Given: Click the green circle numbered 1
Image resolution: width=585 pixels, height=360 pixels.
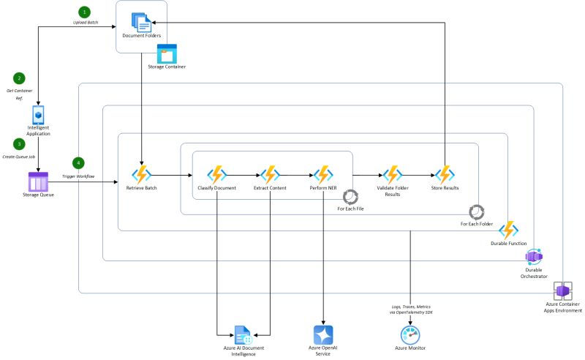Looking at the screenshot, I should [86, 12].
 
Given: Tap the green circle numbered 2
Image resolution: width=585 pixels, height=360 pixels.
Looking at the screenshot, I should [19, 78].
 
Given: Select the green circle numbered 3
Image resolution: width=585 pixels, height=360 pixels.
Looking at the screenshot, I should [19, 145].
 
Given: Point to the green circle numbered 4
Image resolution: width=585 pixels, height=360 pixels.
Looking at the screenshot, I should [79, 163].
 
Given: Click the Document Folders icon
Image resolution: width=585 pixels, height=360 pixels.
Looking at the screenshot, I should [141, 20].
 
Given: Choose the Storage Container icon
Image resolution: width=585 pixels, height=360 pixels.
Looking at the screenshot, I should [167, 53].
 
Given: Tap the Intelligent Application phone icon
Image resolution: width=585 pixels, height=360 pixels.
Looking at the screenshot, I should [38, 116].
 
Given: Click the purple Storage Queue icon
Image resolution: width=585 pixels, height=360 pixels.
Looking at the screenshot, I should [38, 181].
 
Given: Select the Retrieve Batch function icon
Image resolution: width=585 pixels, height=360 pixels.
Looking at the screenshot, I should [140, 176].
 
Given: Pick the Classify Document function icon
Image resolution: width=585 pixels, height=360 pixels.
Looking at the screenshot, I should [216, 176].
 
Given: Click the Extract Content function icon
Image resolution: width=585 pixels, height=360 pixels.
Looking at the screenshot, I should [271, 176].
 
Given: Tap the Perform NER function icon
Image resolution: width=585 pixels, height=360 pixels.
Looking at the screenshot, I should [323, 176].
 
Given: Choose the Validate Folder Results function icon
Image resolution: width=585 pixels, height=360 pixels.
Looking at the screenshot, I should [393, 175].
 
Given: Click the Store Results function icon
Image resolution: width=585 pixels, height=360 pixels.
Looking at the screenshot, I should [445, 176].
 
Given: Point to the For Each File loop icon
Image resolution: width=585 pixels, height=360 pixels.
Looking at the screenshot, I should [350, 197].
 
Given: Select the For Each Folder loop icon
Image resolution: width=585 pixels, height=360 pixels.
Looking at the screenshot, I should [476, 211].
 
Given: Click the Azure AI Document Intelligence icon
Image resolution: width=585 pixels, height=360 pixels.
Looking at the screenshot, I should [244, 336].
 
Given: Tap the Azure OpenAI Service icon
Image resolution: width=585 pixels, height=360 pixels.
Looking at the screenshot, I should [323, 334].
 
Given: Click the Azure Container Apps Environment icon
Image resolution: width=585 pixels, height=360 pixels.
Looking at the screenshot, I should [563, 291].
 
